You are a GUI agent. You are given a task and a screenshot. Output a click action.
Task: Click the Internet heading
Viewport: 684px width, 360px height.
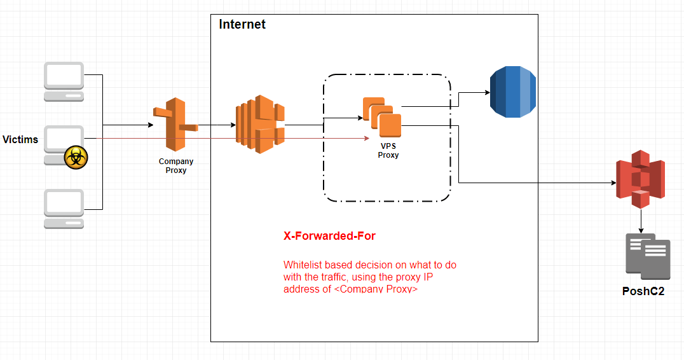[x=242, y=25]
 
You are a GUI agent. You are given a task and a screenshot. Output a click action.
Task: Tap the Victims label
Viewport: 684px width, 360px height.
[x=20, y=139]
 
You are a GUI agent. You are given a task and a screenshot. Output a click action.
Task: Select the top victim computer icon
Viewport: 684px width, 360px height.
[x=64, y=81]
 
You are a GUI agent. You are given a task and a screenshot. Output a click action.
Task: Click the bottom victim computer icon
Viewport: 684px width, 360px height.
[x=64, y=209]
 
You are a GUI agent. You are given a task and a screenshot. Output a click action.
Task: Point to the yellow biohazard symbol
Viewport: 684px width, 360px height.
[x=76, y=157]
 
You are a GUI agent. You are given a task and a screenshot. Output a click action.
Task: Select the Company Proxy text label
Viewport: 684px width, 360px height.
[x=176, y=166]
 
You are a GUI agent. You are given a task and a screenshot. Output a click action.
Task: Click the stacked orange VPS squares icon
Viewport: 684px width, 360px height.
[x=383, y=117]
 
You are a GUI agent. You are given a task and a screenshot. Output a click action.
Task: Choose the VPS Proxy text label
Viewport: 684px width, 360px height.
[x=388, y=151]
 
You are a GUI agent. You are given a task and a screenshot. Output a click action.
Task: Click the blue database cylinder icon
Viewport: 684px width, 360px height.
[x=512, y=92]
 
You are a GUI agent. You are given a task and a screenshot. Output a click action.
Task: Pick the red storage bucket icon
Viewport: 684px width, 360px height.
[x=640, y=179]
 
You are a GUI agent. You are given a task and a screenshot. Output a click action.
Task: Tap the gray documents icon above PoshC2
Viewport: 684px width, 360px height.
[x=648, y=256]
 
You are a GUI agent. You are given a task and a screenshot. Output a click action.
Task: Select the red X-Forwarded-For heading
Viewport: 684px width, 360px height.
[x=329, y=236]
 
